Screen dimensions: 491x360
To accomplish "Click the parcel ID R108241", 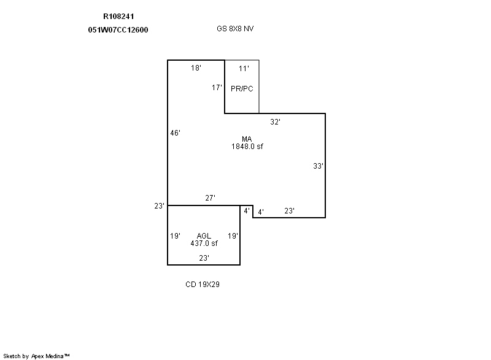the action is tap(118, 17).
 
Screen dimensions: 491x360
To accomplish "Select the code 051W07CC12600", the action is tap(118, 30).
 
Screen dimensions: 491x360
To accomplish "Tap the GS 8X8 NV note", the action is tap(235, 29).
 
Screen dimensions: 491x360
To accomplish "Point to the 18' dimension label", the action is tap(196, 68).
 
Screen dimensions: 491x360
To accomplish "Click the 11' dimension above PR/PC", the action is tap(244, 69).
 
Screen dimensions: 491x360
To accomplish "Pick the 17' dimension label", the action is tap(217, 88).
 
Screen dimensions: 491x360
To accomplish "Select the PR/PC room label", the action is tap(242, 89).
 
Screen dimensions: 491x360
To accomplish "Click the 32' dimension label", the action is tap(275, 122).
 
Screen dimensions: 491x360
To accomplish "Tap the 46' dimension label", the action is tap(176, 133).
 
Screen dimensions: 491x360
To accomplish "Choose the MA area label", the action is tap(247, 139).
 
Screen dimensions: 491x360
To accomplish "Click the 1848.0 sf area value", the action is tap(247, 147).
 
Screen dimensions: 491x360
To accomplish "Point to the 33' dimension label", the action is tap(318, 166).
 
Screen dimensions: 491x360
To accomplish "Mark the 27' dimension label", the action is tap(210, 197).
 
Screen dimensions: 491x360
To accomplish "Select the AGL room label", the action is tap(204, 236).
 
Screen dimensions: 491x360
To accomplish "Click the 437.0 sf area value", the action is tap(204, 243).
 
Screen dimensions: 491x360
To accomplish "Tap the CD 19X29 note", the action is tap(203, 285).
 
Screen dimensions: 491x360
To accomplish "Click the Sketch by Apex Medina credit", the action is tap(36, 356).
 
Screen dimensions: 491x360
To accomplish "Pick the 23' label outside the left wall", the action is tap(159, 206).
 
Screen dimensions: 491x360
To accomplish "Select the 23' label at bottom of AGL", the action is tap(204, 258).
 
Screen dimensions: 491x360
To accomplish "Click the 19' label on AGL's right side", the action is tap(233, 236).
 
